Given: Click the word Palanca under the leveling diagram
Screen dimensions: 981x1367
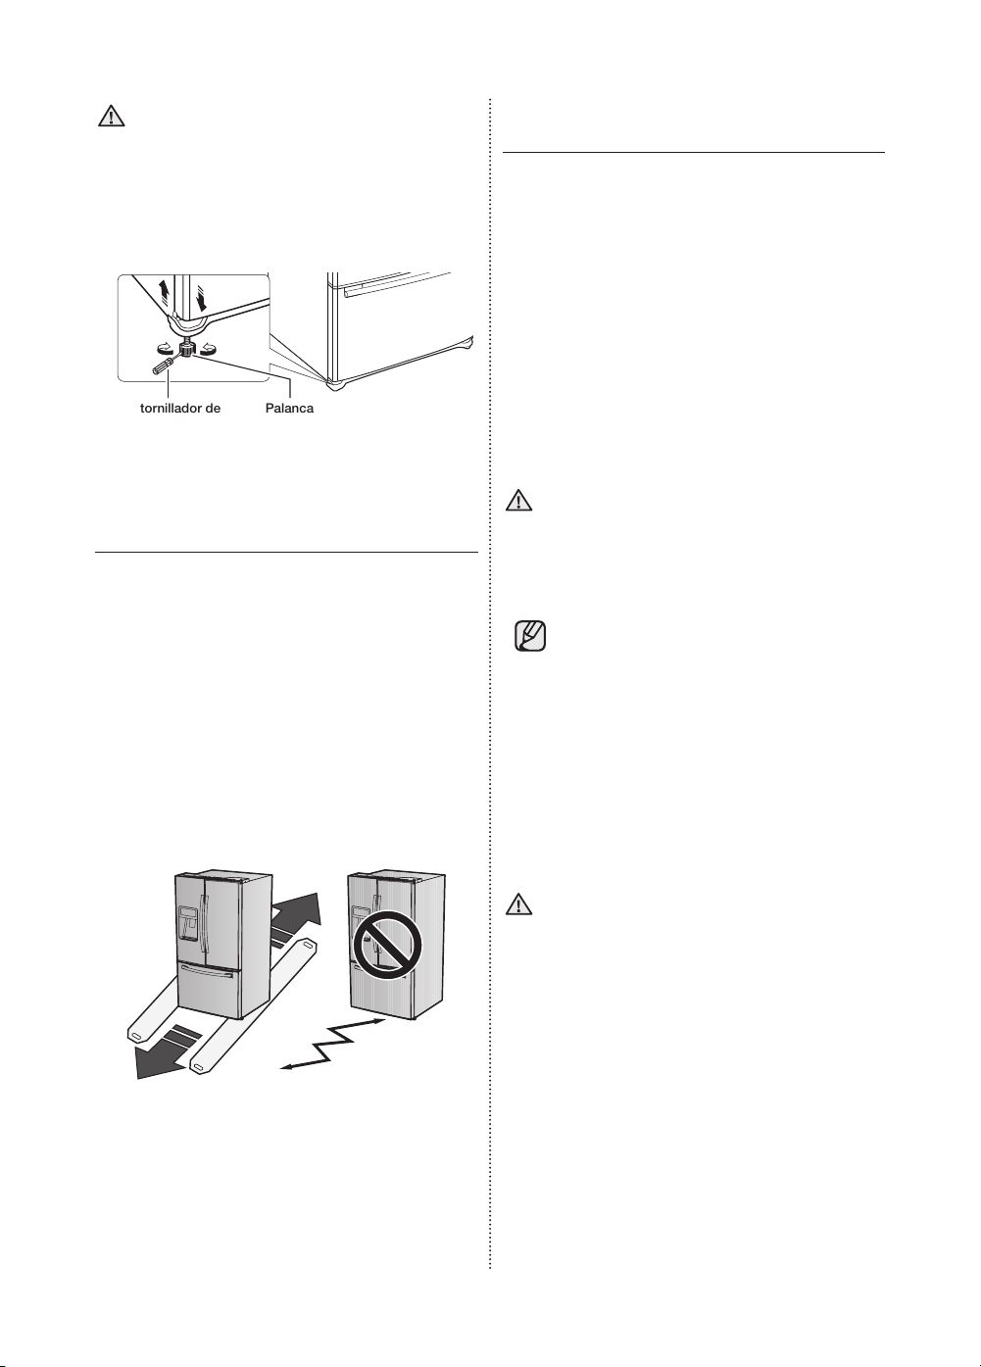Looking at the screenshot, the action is [x=289, y=409].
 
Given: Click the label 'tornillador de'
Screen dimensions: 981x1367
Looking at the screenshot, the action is [x=180, y=409].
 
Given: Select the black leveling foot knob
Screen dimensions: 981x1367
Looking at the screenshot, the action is [x=185, y=350].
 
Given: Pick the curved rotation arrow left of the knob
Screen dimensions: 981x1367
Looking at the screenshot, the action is [x=164, y=349].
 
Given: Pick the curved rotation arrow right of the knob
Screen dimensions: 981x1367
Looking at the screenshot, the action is [x=207, y=349].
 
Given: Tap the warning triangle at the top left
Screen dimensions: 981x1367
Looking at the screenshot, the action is [x=111, y=116].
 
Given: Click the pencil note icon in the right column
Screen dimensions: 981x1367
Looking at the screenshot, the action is [x=529, y=636].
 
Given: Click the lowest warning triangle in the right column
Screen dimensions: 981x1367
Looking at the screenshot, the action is [x=518, y=904].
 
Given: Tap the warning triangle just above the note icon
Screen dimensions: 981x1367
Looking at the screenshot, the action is [x=518, y=501].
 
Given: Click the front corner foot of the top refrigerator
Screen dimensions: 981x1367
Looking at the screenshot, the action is [x=333, y=385].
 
